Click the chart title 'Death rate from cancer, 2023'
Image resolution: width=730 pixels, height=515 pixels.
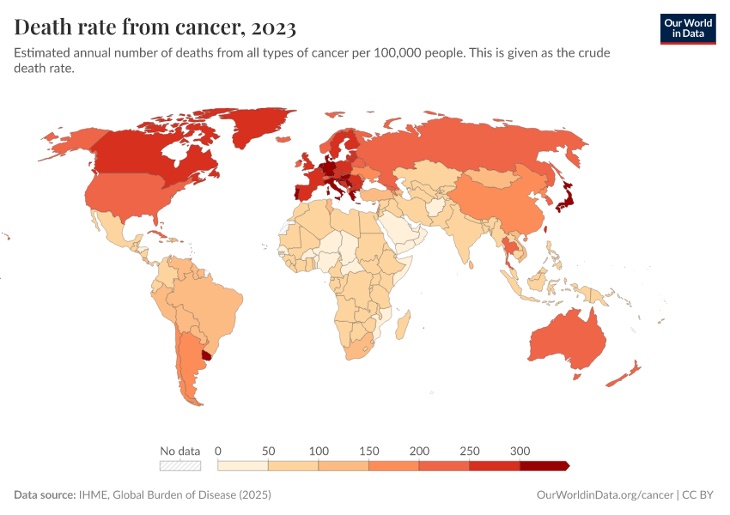pos(155,27)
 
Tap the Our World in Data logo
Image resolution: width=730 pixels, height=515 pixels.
pos(687,27)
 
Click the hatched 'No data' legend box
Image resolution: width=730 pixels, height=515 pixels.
pos(180,465)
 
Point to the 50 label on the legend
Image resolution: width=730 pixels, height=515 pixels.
pos(268,451)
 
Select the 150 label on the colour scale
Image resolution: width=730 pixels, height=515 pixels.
pos(368,451)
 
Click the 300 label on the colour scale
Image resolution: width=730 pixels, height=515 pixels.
pos(520,451)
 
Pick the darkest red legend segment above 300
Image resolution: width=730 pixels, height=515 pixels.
pos(543,465)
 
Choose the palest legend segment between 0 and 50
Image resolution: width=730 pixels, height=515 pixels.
pos(243,465)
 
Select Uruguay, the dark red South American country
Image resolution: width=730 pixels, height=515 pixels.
pos(206,355)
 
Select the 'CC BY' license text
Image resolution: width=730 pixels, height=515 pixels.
pos(699,495)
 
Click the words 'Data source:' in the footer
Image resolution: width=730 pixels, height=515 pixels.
pos(42,495)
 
